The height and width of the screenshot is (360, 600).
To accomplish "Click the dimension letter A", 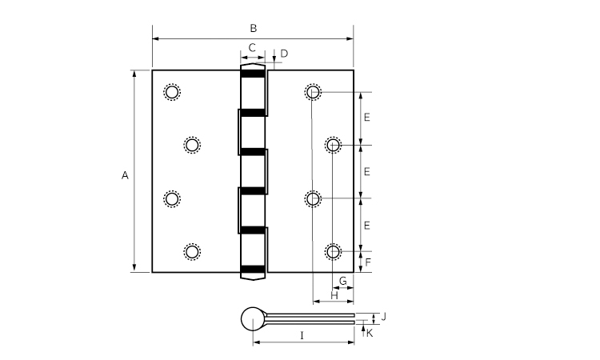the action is pyautogui.click(x=125, y=176).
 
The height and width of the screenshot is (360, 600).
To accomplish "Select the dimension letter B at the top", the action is pyautogui.click(x=254, y=28).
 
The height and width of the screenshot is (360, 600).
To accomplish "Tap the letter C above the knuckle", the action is pyautogui.click(x=252, y=48).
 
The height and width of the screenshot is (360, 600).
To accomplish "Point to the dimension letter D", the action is pyautogui.click(x=284, y=54).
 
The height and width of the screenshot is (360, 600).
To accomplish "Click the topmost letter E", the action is pyautogui.click(x=366, y=118).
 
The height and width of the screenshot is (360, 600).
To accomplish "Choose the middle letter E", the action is pyautogui.click(x=366, y=172).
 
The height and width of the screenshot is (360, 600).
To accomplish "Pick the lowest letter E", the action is pyautogui.click(x=366, y=226).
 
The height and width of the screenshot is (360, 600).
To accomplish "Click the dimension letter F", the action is pyautogui.click(x=368, y=262).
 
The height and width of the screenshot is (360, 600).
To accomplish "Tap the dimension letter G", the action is pyautogui.click(x=343, y=281).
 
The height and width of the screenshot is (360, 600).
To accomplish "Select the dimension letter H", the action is pyautogui.click(x=334, y=296).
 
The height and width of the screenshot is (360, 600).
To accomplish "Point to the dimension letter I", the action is pyautogui.click(x=302, y=336).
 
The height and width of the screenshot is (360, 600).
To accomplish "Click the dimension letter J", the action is pyautogui.click(x=384, y=317).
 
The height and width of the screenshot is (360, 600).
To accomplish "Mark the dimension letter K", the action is pyautogui.click(x=370, y=334).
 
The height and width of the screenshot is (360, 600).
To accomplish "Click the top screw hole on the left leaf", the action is pyautogui.click(x=172, y=92).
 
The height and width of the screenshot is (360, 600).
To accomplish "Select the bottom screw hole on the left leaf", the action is pyautogui.click(x=192, y=252).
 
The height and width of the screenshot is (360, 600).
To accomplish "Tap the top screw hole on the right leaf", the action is pyautogui.click(x=313, y=92).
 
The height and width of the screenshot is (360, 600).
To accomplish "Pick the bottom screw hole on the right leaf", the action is pyautogui.click(x=333, y=252).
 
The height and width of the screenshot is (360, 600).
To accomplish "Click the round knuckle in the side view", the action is pyautogui.click(x=253, y=318).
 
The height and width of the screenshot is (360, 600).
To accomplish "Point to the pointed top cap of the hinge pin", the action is pyautogui.click(x=253, y=67).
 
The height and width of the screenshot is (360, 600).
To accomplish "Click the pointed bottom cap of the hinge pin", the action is pyautogui.click(x=253, y=275).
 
